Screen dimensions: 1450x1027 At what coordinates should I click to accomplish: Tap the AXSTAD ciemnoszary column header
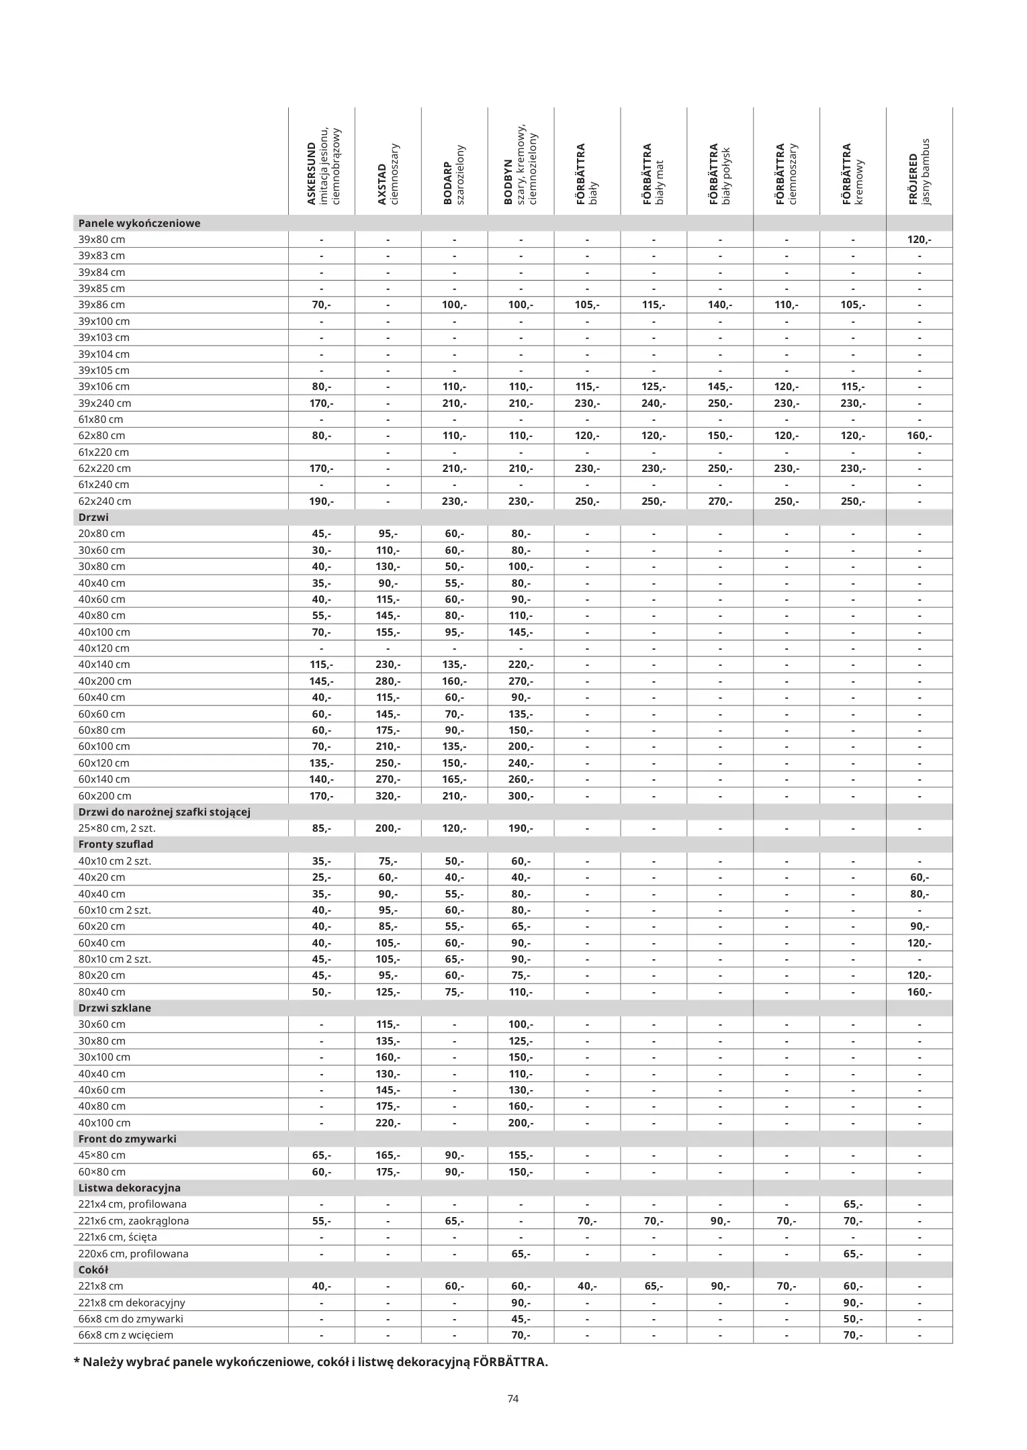(x=388, y=174)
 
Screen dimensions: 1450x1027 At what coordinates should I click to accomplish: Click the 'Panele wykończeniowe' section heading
(x=139, y=224)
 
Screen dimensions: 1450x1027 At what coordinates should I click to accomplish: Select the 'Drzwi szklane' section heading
(x=114, y=1008)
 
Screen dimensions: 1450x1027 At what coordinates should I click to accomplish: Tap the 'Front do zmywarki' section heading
(x=127, y=1139)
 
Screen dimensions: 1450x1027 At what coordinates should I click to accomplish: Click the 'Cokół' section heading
(x=93, y=1270)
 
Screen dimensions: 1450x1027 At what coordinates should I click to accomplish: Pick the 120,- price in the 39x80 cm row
(x=919, y=240)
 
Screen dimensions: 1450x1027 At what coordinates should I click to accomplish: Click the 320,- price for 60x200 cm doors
(x=388, y=796)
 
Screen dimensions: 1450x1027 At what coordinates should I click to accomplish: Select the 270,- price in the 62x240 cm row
(x=720, y=501)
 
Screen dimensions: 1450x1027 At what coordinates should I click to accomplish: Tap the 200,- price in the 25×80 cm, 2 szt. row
(x=388, y=828)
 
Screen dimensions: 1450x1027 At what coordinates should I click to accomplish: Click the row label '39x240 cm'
(x=104, y=403)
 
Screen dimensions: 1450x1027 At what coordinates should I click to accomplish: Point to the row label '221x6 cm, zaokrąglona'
(x=133, y=1221)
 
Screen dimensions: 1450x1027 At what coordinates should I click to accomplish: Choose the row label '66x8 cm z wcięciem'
(x=126, y=1335)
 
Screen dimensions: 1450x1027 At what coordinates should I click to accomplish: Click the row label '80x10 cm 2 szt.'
(x=114, y=959)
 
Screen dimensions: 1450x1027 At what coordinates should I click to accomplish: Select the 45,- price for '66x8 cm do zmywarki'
(x=521, y=1319)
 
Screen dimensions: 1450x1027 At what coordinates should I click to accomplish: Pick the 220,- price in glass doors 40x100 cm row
(x=388, y=1123)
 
